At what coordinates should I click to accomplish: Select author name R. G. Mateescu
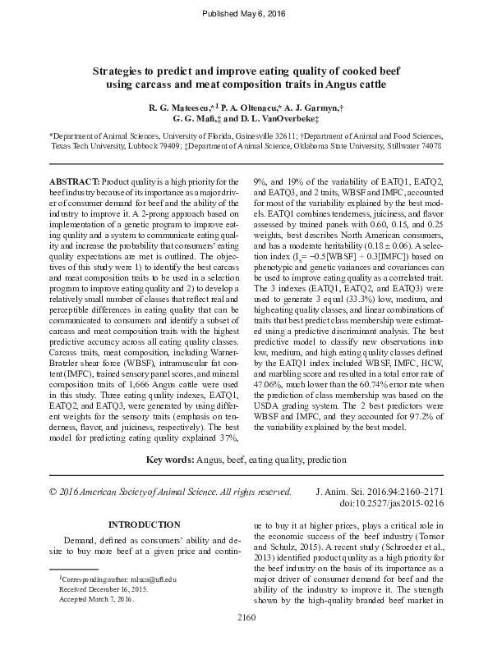pyautogui.click(x=178, y=108)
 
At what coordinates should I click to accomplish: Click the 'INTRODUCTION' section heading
pyautogui.click(x=145, y=524)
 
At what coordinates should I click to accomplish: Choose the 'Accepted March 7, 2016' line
pyautogui.click(x=95, y=600)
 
